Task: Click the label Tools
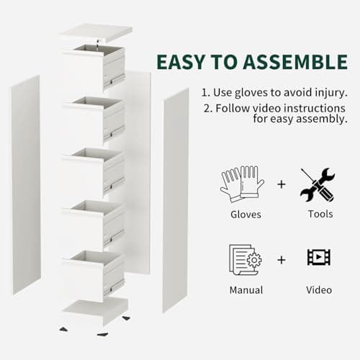[319, 214]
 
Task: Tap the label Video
[319, 289]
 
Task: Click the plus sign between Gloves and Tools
[281, 184]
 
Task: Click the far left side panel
[25, 194]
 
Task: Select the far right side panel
[176, 199]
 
